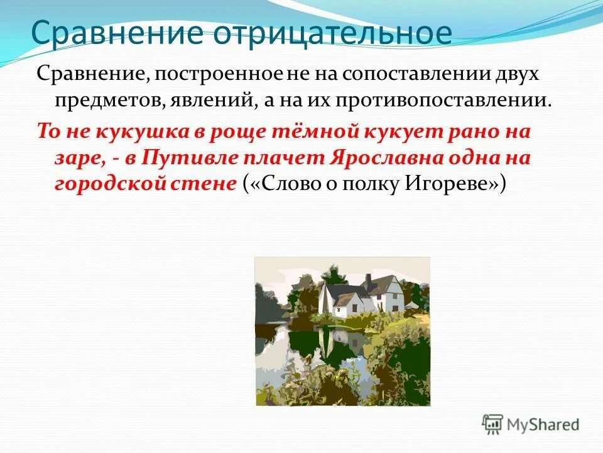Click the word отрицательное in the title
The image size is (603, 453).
[332, 32]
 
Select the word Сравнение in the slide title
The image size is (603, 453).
[117, 32]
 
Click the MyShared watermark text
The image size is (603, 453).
[543, 424]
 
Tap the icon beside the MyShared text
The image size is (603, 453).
[493, 424]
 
